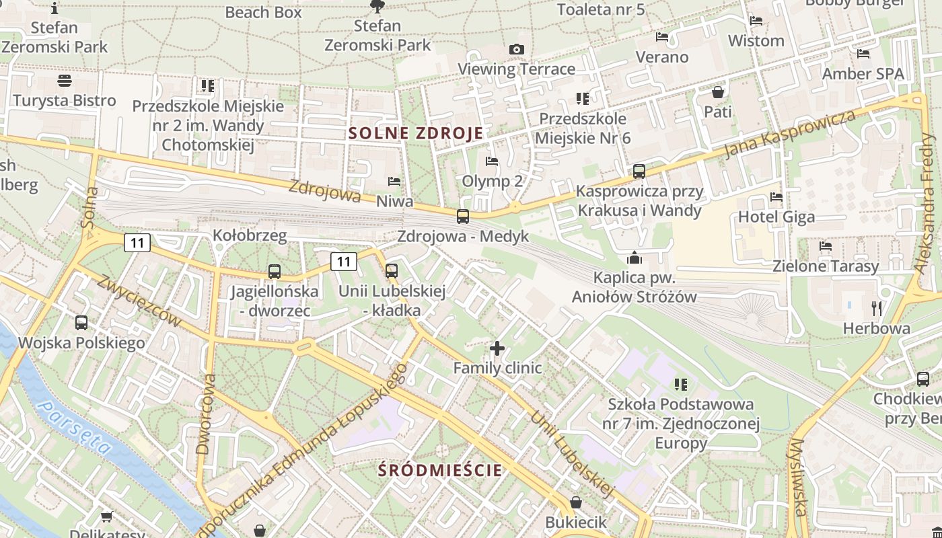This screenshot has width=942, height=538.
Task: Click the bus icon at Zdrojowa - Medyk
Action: [463, 217]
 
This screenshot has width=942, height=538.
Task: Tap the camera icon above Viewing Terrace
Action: [517, 49]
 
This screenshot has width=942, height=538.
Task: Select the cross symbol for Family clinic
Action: [497, 348]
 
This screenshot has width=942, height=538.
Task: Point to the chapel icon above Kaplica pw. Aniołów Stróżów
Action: [634, 258]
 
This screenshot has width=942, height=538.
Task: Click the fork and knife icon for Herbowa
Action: [876, 309]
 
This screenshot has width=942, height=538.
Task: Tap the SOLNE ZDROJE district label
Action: [416, 133]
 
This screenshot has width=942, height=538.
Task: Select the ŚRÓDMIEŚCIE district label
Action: [440, 469]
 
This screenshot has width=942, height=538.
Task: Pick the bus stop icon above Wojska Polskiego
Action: [81, 323]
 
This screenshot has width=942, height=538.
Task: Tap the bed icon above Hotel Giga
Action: [776, 197]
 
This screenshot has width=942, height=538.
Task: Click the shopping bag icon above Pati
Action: [718, 91]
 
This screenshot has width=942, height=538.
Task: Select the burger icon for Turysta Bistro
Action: [65, 81]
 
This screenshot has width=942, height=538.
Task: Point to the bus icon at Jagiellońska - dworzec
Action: [275, 272]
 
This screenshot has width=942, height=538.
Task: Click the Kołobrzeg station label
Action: [250, 235]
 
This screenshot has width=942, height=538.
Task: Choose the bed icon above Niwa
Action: [394, 182]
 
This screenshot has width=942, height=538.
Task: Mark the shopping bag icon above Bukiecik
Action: [576, 502]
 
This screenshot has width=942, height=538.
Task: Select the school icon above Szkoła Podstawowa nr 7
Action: [681, 385]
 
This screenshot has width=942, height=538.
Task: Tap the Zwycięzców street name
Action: [139, 301]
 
